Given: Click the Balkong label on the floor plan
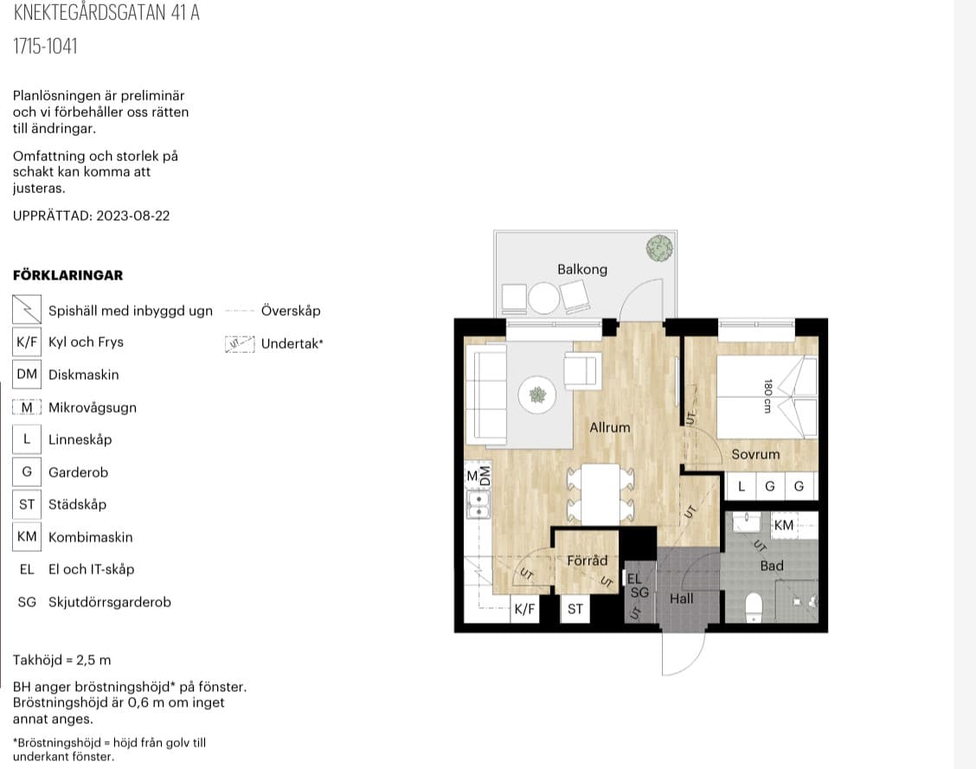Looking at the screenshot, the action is (x=582, y=269).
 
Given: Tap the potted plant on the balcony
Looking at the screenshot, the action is (x=659, y=248).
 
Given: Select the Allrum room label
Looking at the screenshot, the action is (x=610, y=427).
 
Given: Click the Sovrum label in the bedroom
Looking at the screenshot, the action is (x=755, y=454).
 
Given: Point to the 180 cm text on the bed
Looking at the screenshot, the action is (x=767, y=396).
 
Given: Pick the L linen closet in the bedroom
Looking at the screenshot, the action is (x=742, y=486).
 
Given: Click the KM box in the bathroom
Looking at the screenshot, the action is (x=784, y=525).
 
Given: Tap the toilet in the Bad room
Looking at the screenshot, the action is (x=754, y=607).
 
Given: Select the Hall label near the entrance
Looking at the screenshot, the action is (x=682, y=599).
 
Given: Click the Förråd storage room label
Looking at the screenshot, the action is (x=587, y=561).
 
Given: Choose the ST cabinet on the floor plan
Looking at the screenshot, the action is (x=575, y=608).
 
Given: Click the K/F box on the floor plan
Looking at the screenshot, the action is (x=524, y=608).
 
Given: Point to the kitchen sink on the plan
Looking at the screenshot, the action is (x=478, y=504).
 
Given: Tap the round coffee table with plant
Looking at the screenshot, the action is (x=536, y=394).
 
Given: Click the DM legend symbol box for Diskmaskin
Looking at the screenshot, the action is (x=27, y=375).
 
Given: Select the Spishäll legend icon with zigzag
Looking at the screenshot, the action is (x=27, y=309).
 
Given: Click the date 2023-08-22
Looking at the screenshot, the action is (x=133, y=216).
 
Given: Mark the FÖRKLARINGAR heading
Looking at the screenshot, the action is (x=67, y=275).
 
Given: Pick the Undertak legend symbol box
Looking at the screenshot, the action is (x=240, y=344).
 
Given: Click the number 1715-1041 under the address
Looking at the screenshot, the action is (x=46, y=46).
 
